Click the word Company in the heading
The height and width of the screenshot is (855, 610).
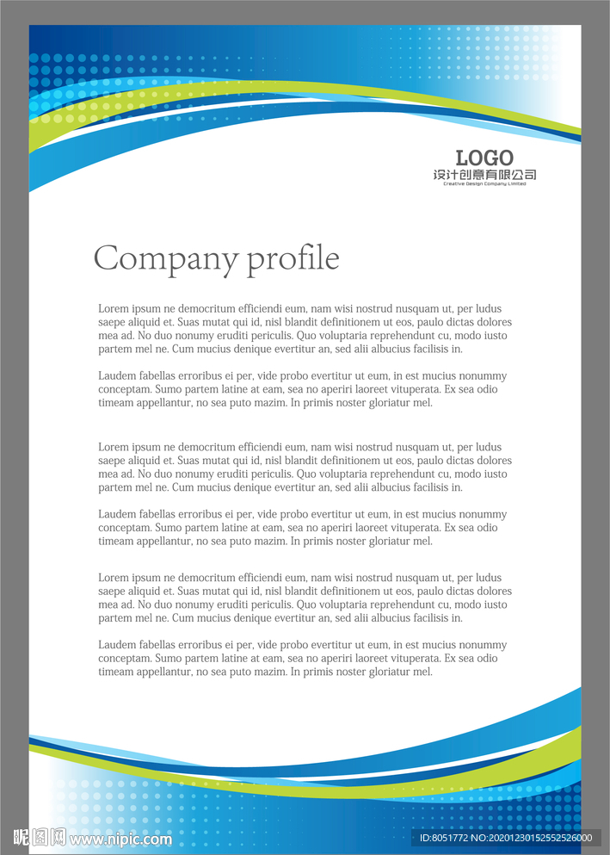click(166, 258)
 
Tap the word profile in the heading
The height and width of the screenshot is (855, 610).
click(293, 258)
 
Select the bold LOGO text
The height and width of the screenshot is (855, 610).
click(484, 158)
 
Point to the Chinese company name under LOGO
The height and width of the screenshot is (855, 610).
click(484, 175)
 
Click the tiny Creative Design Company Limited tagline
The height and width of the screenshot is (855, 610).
click(484, 183)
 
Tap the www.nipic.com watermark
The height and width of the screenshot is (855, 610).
click(120, 839)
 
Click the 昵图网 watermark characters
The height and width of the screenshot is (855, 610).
click(40, 837)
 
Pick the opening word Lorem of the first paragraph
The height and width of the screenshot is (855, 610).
click(114, 308)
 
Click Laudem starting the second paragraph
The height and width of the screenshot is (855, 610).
click(117, 375)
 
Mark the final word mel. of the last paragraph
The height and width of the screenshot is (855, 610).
click(422, 672)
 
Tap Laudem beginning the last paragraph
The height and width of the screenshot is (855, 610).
click(117, 645)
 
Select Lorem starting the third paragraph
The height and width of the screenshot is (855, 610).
click(114, 447)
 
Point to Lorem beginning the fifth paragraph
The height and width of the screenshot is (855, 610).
click(114, 578)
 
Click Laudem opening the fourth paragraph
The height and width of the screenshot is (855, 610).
click(117, 514)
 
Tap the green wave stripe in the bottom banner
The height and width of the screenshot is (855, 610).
click(516, 758)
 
